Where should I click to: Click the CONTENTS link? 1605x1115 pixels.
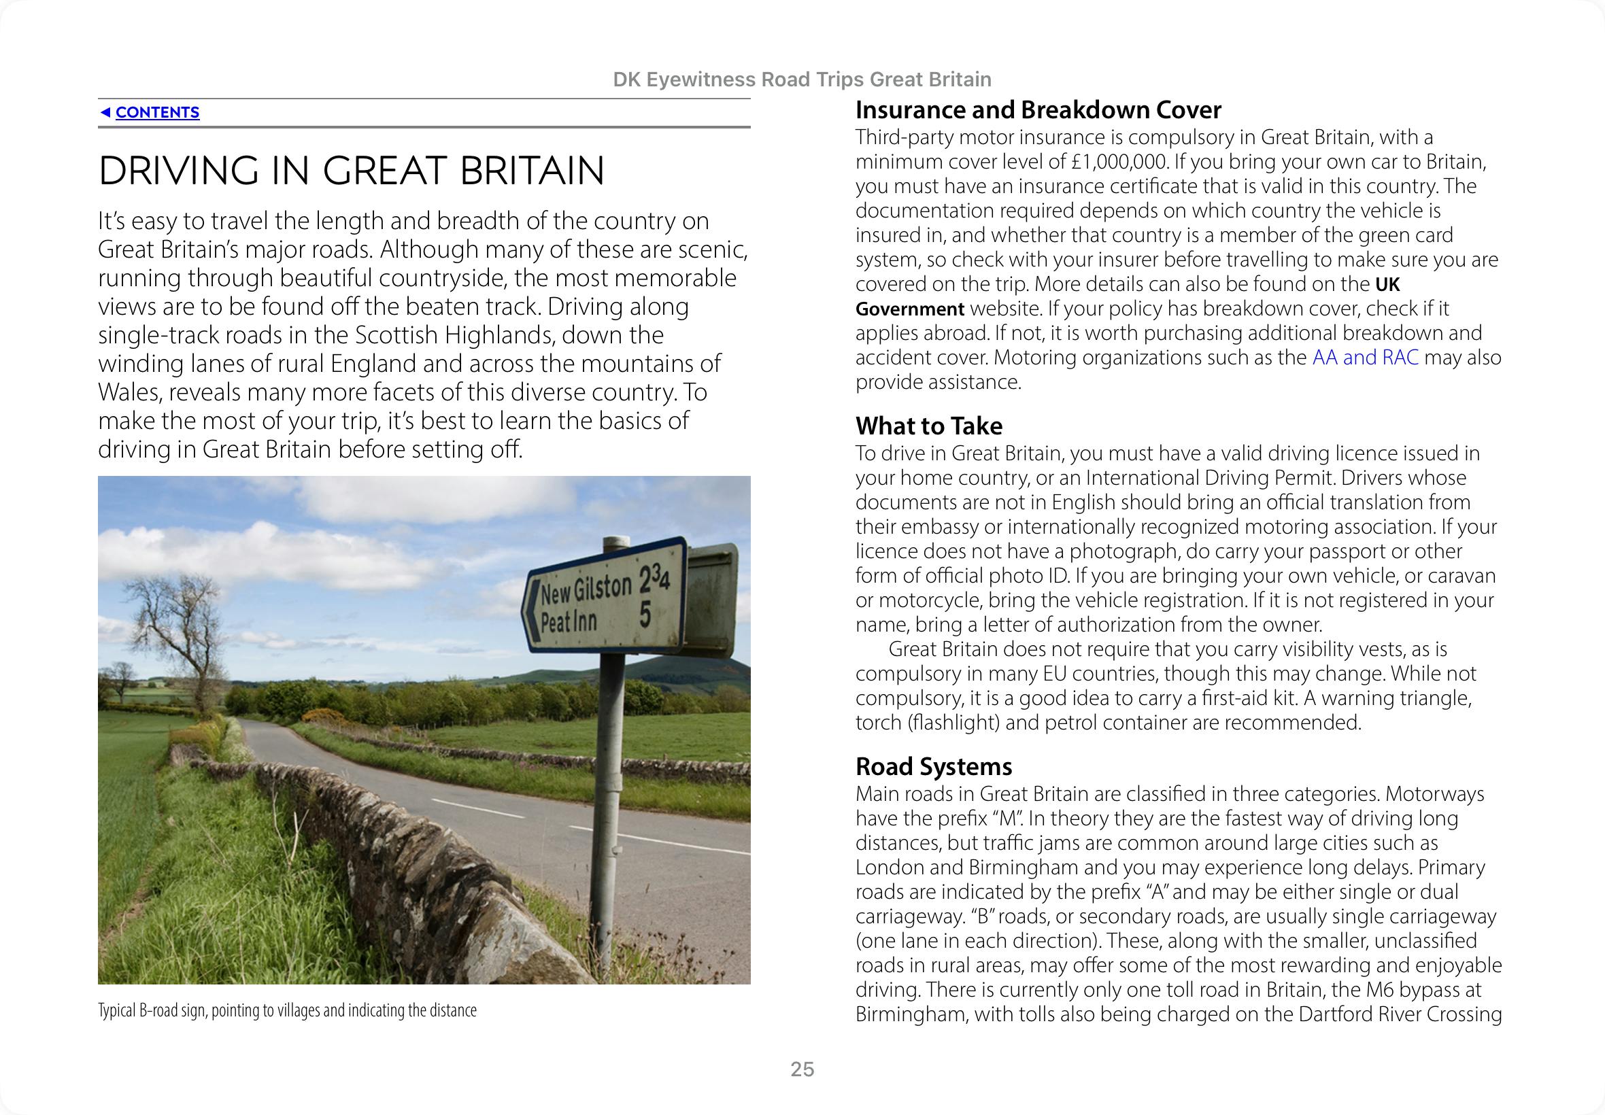(157, 112)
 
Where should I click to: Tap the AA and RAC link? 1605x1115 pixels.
(1365, 358)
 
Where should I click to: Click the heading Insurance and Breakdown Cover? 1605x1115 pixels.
(1038, 110)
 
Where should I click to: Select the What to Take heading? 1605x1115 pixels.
(928, 426)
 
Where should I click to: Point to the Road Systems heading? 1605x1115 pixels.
(934, 766)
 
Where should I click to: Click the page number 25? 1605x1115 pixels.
(802, 1069)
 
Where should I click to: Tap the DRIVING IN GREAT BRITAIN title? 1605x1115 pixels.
(351, 171)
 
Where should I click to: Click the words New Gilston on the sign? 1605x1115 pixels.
(586, 590)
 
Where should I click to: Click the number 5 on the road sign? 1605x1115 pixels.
(645, 615)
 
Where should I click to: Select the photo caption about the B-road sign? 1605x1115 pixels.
(286, 1010)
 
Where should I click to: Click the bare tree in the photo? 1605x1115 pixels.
(178, 629)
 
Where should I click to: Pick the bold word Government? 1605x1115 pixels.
(910, 309)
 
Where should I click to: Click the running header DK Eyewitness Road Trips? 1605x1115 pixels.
(801, 80)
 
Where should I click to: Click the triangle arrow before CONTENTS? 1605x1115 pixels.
(105, 112)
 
